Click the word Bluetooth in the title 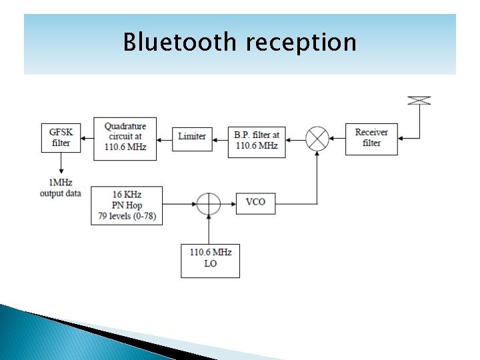(x=180, y=42)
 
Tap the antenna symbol (x=419, y=101)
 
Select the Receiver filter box (x=371, y=138)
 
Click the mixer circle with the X (x=317, y=138)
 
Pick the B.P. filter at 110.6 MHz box (x=257, y=140)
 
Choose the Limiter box (x=192, y=136)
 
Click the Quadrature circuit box (x=125, y=139)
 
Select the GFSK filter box (x=60, y=137)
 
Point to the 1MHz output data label (x=60, y=188)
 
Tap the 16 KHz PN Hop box (x=127, y=205)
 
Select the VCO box (x=255, y=202)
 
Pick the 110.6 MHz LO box (x=210, y=258)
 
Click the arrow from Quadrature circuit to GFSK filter (x=85, y=141)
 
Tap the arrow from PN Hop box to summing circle (x=181, y=203)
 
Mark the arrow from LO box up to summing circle (x=209, y=230)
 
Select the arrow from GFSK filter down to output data (x=61, y=163)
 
